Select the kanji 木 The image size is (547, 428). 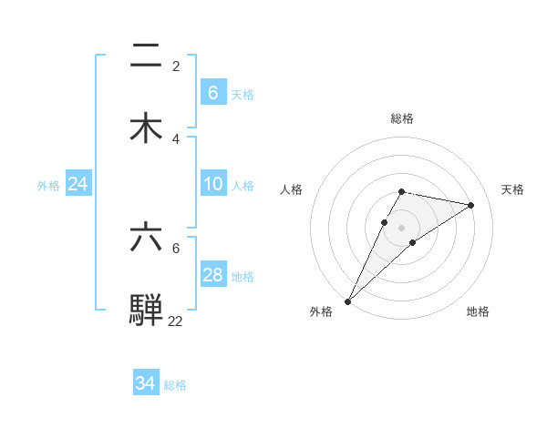[146, 127]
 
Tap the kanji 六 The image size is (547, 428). [146, 236]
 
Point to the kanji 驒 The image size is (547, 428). [146, 309]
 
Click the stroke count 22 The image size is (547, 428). [175, 321]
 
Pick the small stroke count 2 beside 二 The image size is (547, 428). [176, 66]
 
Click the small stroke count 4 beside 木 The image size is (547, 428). [176, 138]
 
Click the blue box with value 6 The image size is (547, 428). [212, 93]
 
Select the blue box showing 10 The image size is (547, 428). [212, 184]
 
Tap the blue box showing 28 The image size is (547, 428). [212, 275]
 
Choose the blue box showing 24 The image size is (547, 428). [77, 184]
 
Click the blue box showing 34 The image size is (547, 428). [145, 383]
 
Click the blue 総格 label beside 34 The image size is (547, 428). [175, 385]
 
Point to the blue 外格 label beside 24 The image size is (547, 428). [48, 185]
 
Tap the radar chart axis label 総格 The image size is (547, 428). [401, 118]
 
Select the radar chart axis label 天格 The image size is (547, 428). [512, 189]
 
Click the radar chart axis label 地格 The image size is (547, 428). [478, 311]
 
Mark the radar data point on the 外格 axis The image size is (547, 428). [347, 301]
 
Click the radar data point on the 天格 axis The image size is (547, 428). [471, 205]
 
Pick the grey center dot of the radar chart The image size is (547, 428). [401, 228]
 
